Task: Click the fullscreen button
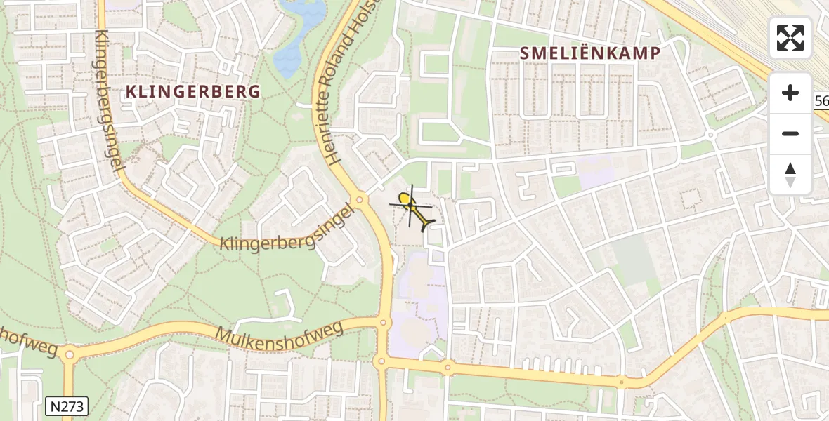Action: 790,38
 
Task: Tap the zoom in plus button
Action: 790,93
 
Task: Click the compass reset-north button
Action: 790,175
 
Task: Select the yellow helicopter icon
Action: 413,208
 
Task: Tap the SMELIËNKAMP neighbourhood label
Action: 590,53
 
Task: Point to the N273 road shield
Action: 67,405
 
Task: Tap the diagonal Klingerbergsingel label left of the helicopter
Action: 285,229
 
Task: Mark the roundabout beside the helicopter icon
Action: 360,201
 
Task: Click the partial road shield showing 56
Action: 821,101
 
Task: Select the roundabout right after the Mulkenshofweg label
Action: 383,323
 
